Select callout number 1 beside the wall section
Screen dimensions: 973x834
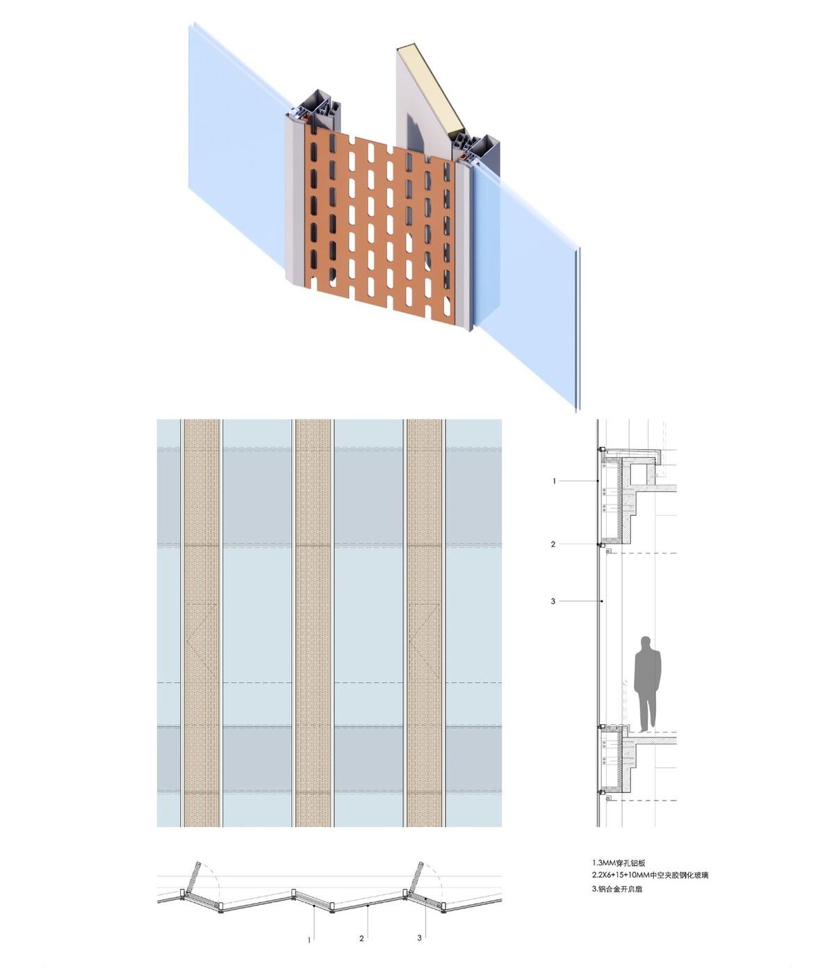point(554,481)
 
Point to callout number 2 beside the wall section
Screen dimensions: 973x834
point(553,544)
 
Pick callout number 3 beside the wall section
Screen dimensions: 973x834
point(553,601)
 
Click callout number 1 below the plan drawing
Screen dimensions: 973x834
point(309,940)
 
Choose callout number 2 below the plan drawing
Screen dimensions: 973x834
point(361,939)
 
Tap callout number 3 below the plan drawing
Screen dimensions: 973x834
point(419,938)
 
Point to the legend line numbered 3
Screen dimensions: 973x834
point(617,888)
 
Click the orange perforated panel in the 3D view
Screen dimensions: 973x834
point(379,229)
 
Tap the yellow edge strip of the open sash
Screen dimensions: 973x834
point(431,90)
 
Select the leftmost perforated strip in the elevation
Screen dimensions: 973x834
point(202,622)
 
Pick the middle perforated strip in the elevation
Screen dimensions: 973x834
point(313,622)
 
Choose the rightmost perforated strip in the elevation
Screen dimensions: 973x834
point(425,622)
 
